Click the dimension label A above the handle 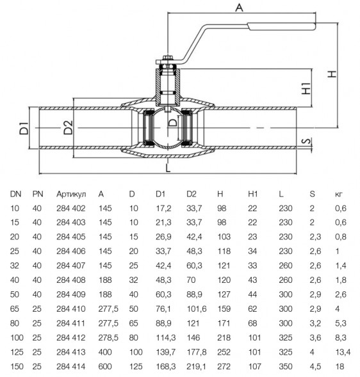tap(239, 8)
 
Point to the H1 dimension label tap(306, 88)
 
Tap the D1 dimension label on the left tap(24, 128)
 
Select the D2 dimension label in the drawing tap(68, 127)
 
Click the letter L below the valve tap(168, 168)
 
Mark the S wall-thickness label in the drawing tap(307, 141)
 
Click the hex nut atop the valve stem tap(167, 58)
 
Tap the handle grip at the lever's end tap(282, 26)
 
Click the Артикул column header tap(71, 194)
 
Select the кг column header tap(339, 195)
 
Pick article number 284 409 tap(71, 294)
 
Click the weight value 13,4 tap(343, 352)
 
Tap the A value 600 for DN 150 tap(105, 366)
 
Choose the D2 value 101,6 tap(197, 309)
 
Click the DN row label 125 tap(17, 352)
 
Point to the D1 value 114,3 tap(165, 338)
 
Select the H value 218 tap(224, 337)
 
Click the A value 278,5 tap(108, 338)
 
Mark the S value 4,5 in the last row tap(315, 367)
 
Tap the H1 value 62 tap(252, 309)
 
